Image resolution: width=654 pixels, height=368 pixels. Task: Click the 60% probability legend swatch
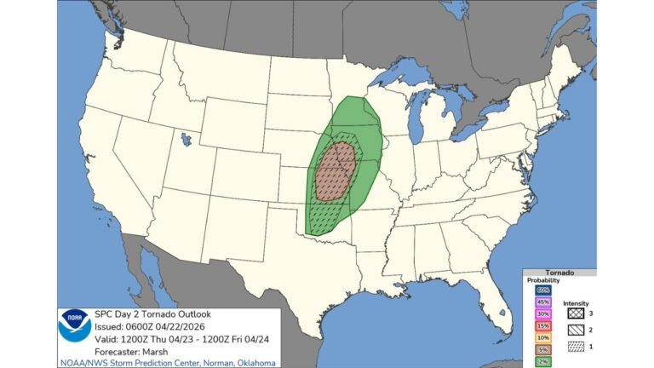pos(542,289)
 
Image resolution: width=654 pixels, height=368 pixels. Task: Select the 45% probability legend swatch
pos(542,302)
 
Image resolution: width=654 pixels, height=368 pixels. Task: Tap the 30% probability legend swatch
pos(542,313)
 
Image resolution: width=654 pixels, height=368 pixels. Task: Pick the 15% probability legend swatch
pos(542,325)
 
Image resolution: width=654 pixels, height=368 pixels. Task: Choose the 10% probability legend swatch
pos(542,337)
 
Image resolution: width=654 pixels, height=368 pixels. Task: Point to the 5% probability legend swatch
pos(542,349)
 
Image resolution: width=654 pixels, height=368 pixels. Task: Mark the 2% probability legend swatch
pos(542,361)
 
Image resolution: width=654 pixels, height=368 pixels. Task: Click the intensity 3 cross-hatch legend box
pos(570,313)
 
